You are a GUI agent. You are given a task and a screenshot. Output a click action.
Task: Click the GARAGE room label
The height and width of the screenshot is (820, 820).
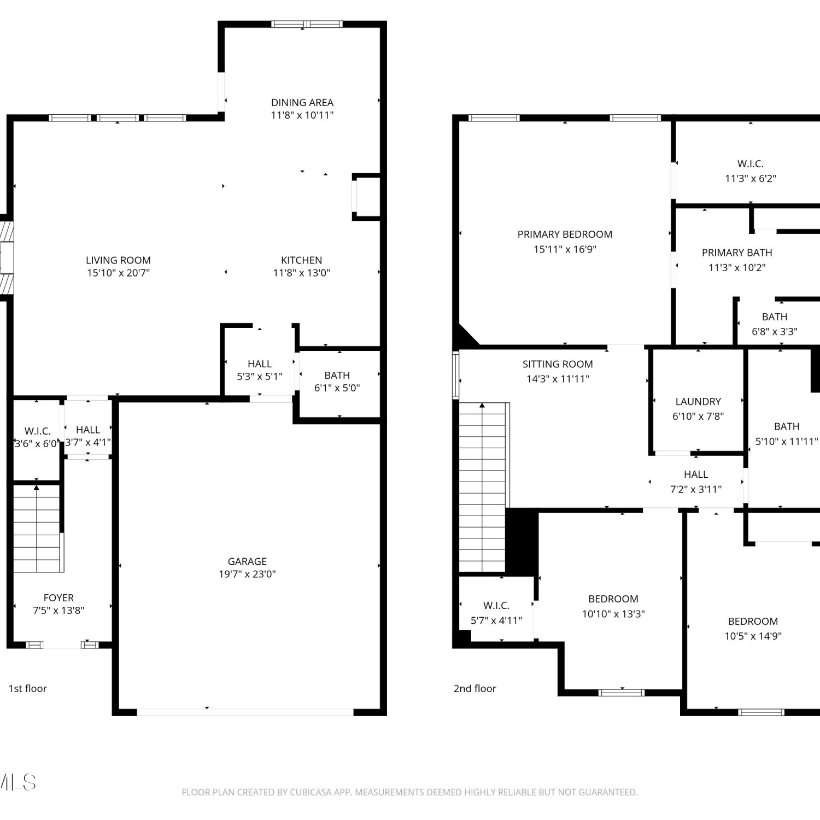[x=247, y=561]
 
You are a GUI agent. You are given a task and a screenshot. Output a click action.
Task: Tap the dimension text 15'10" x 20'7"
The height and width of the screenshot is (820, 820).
[x=118, y=273]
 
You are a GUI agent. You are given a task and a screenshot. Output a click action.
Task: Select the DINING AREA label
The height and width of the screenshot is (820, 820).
[x=302, y=102]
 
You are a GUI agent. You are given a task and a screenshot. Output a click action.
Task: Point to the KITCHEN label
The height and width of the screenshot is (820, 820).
[x=302, y=260]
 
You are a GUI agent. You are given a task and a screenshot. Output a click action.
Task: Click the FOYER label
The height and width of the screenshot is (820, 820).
[x=58, y=598]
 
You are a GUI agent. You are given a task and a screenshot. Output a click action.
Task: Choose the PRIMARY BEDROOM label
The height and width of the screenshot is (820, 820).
[x=565, y=235]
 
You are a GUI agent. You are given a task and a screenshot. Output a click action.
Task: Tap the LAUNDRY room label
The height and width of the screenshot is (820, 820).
[x=698, y=401]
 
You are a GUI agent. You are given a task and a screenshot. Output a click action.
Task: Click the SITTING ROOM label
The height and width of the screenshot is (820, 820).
[x=558, y=364]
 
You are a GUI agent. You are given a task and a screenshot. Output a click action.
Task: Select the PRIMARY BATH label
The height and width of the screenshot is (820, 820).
[x=737, y=253]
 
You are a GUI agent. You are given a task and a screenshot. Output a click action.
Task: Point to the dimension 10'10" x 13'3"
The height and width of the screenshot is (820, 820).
[x=613, y=614]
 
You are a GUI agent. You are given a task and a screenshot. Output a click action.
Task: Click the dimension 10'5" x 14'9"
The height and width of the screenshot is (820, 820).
[x=753, y=636]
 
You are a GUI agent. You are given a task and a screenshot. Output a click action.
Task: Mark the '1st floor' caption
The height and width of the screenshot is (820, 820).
[x=28, y=689]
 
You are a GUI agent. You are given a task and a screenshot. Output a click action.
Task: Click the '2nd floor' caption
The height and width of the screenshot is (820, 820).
[x=475, y=689]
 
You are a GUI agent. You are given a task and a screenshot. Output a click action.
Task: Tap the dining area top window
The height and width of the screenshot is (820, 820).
[x=307, y=24]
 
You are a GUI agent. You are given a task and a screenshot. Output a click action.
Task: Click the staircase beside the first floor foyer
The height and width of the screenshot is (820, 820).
[x=37, y=528]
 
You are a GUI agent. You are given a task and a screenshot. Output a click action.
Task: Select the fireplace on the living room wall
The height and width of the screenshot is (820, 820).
[x=7, y=257]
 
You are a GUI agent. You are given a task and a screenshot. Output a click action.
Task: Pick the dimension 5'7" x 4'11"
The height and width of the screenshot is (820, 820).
[x=496, y=620]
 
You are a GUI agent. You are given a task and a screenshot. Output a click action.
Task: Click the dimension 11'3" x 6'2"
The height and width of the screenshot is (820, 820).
[x=751, y=178]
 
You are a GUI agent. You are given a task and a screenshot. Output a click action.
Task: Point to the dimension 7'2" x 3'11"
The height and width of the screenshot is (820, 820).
[x=696, y=489]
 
